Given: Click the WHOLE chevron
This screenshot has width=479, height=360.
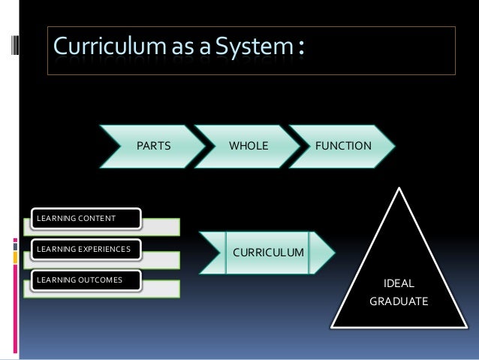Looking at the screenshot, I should (248, 144).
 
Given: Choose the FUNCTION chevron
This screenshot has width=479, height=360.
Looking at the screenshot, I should (343, 144).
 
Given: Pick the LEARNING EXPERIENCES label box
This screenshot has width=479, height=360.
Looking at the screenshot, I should (82, 249).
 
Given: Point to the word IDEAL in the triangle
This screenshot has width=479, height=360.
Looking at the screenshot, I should (399, 283).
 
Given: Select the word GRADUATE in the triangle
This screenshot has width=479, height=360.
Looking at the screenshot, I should (399, 301).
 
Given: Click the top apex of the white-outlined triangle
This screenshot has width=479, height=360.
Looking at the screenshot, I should (399, 189).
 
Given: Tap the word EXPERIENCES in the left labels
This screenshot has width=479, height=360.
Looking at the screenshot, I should (104, 249).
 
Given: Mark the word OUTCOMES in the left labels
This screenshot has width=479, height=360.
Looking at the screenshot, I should (99, 280).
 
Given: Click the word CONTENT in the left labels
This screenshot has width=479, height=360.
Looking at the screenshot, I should (96, 219).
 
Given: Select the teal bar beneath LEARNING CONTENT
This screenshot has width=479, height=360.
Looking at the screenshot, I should (150, 226).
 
